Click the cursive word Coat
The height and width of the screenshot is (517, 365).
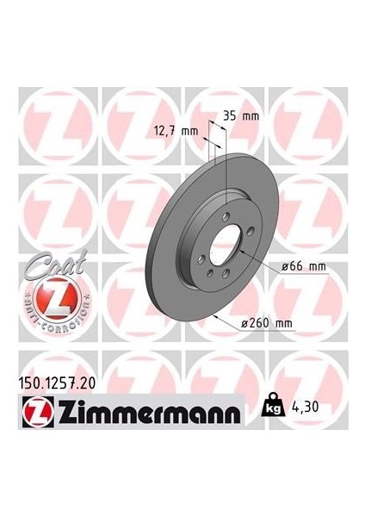(x=40, y=266)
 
